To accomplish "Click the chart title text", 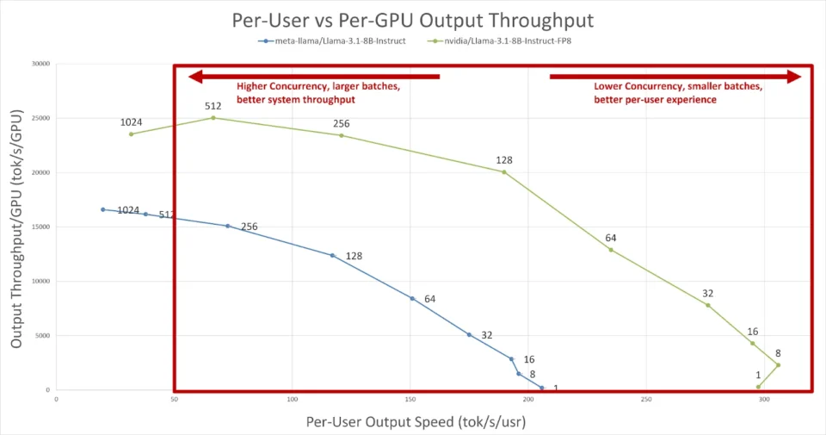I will coord(413,19).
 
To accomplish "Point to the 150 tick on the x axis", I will coord(410,399).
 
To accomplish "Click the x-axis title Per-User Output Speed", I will coord(416,422).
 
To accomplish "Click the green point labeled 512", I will coord(213,118).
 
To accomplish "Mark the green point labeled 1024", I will coord(132,134).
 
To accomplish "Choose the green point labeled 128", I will coord(504,172).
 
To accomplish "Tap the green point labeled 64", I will coord(611,250).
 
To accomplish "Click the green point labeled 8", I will coord(778,365).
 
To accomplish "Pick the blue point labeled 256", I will coord(228,226).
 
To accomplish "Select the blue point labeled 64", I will coord(412,299).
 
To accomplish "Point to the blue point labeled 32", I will coord(469,334).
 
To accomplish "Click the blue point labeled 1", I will coord(542,388).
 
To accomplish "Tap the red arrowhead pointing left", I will coord(195,77).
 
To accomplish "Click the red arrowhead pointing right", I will coord(794,77).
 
